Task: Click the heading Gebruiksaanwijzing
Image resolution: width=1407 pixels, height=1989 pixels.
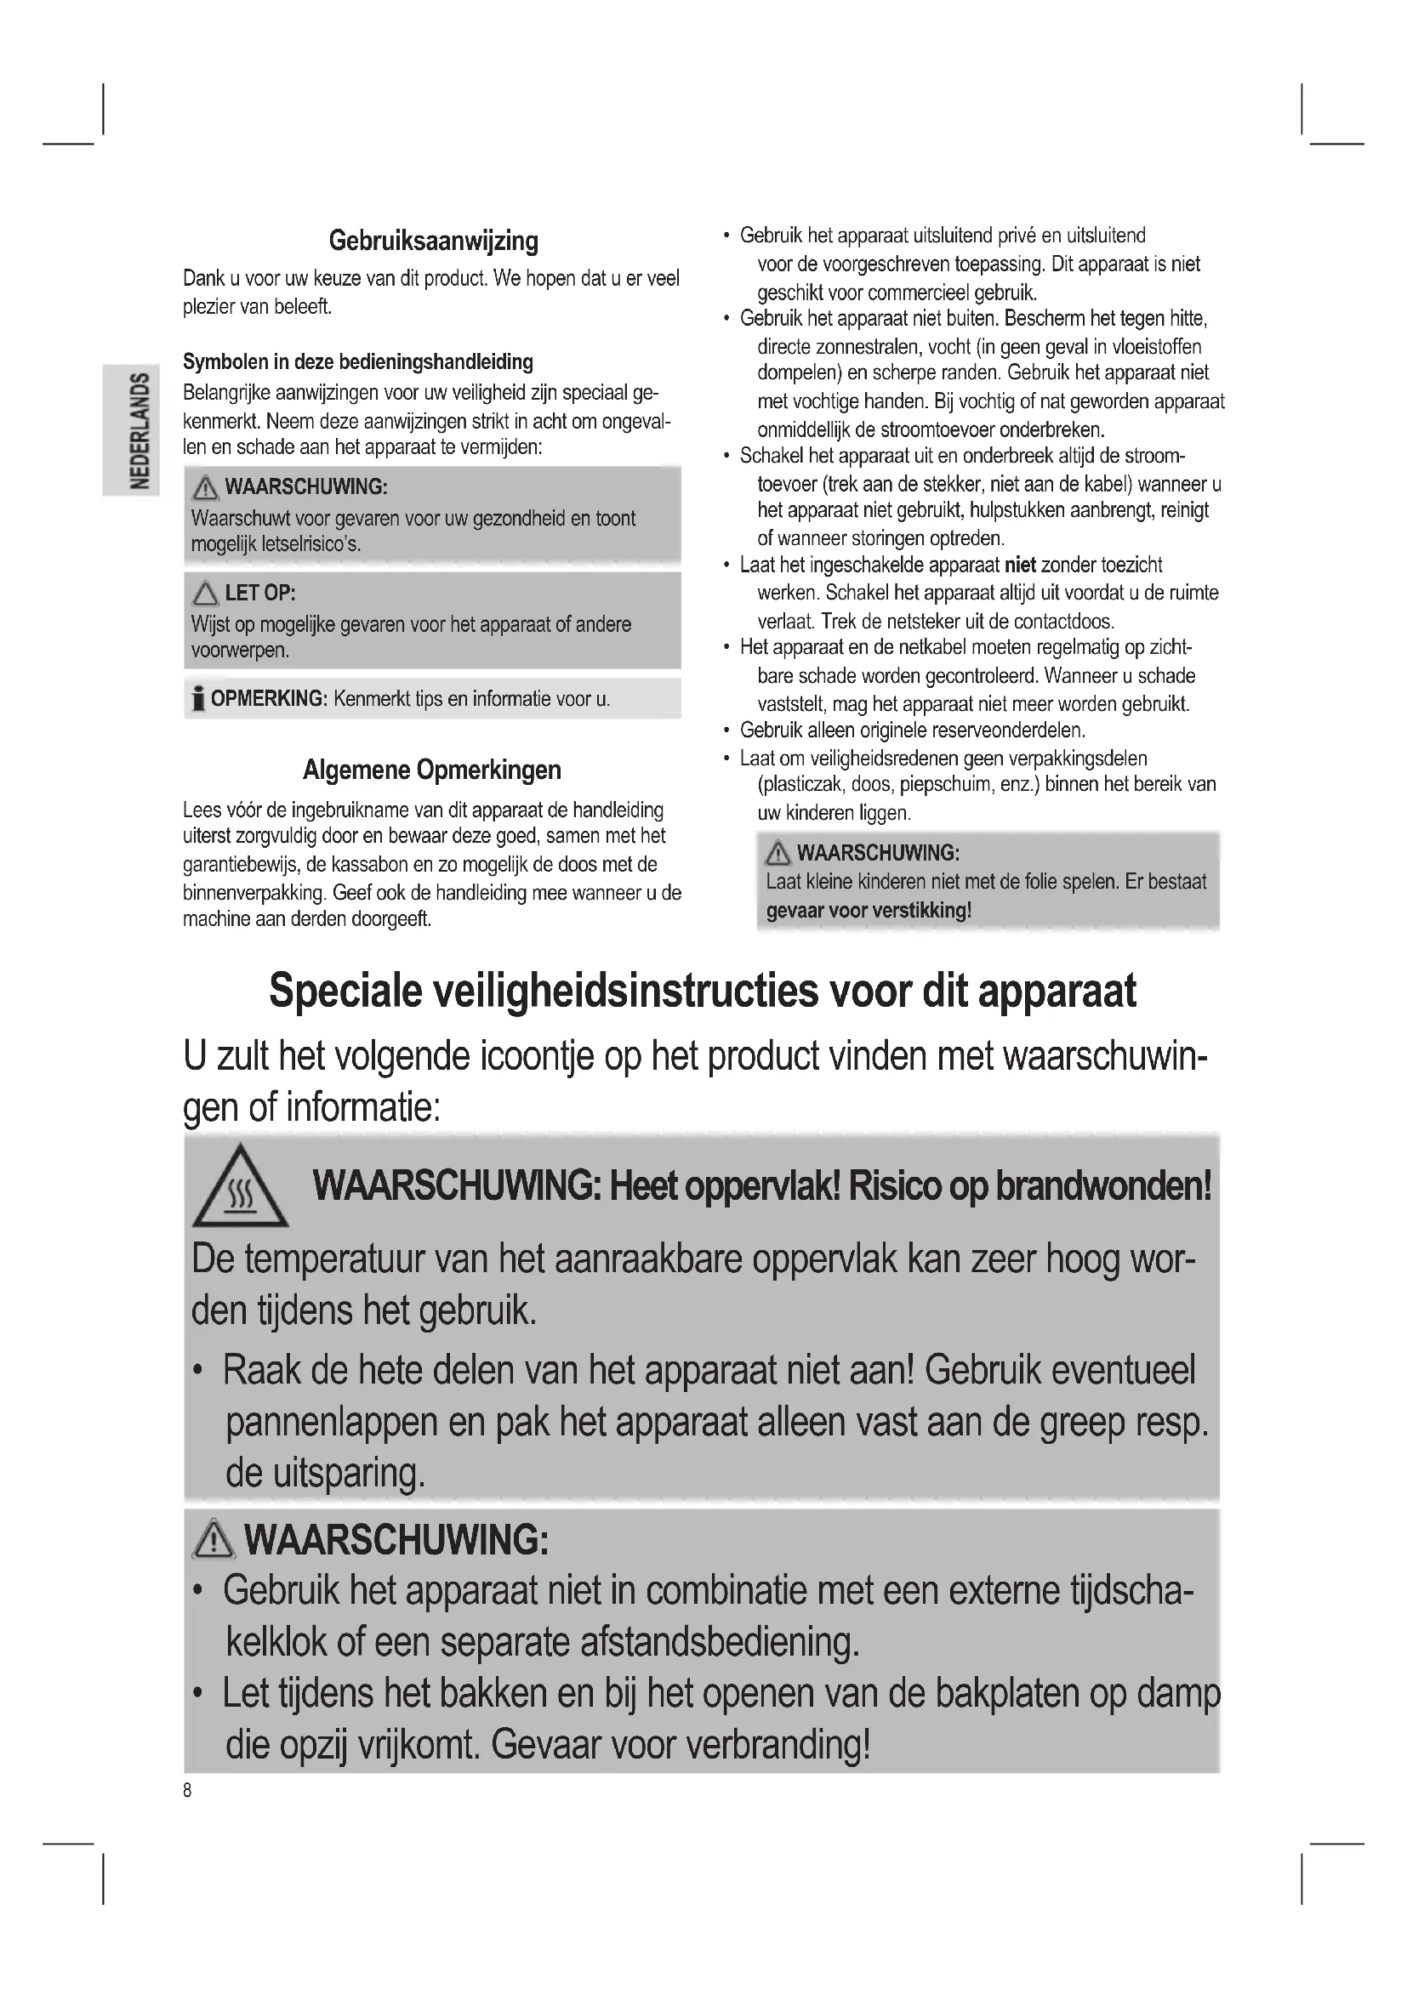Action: (433, 241)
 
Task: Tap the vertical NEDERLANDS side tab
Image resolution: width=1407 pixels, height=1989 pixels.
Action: (139, 429)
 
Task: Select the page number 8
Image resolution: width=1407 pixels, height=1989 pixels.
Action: (187, 1791)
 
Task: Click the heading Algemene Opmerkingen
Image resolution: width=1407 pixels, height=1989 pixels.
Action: (431, 770)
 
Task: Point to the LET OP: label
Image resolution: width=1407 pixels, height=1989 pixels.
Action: (260, 594)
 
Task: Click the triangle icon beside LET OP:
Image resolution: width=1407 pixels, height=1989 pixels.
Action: (205, 594)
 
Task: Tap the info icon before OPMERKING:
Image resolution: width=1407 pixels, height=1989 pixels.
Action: (198, 699)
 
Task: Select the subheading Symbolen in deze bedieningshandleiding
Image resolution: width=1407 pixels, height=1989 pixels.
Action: (358, 361)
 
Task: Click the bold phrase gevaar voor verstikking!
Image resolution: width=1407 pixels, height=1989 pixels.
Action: (869, 911)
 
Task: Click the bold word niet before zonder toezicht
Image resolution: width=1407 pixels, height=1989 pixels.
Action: (1020, 565)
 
